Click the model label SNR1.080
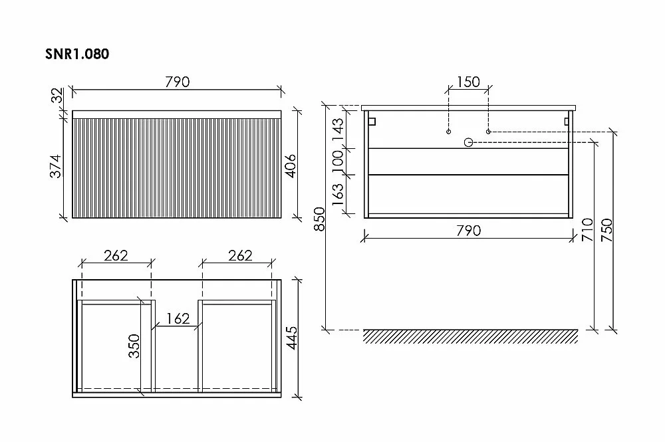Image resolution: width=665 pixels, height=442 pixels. [x=77, y=54]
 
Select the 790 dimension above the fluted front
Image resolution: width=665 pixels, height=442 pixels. [x=178, y=82]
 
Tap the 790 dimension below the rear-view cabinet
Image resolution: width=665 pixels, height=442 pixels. [x=469, y=231]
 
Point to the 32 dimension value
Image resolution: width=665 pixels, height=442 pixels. [x=57, y=95]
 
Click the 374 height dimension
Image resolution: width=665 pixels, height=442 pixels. [x=56, y=166]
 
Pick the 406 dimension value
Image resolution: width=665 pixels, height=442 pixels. [x=290, y=166]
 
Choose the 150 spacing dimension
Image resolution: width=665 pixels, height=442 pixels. [x=468, y=82]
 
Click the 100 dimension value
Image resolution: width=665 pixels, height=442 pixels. [x=338, y=161]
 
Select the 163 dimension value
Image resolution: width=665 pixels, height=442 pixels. [x=338, y=195]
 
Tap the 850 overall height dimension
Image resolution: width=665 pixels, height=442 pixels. [x=319, y=219]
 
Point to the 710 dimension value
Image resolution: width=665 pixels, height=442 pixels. [x=588, y=230]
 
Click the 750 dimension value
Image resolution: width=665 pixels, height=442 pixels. [x=607, y=230]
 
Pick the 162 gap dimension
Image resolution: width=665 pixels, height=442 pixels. [x=178, y=318]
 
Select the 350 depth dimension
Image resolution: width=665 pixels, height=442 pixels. [x=134, y=346]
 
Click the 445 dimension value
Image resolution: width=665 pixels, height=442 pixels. [x=292, y=338]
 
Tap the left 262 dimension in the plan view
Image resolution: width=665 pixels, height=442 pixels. [x=116, y=255]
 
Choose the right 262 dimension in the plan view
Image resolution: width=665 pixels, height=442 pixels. [x=240, y=255]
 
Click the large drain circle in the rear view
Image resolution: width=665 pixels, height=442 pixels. [x=468, y=142]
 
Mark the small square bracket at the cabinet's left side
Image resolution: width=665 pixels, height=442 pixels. [x=372, y=122]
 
